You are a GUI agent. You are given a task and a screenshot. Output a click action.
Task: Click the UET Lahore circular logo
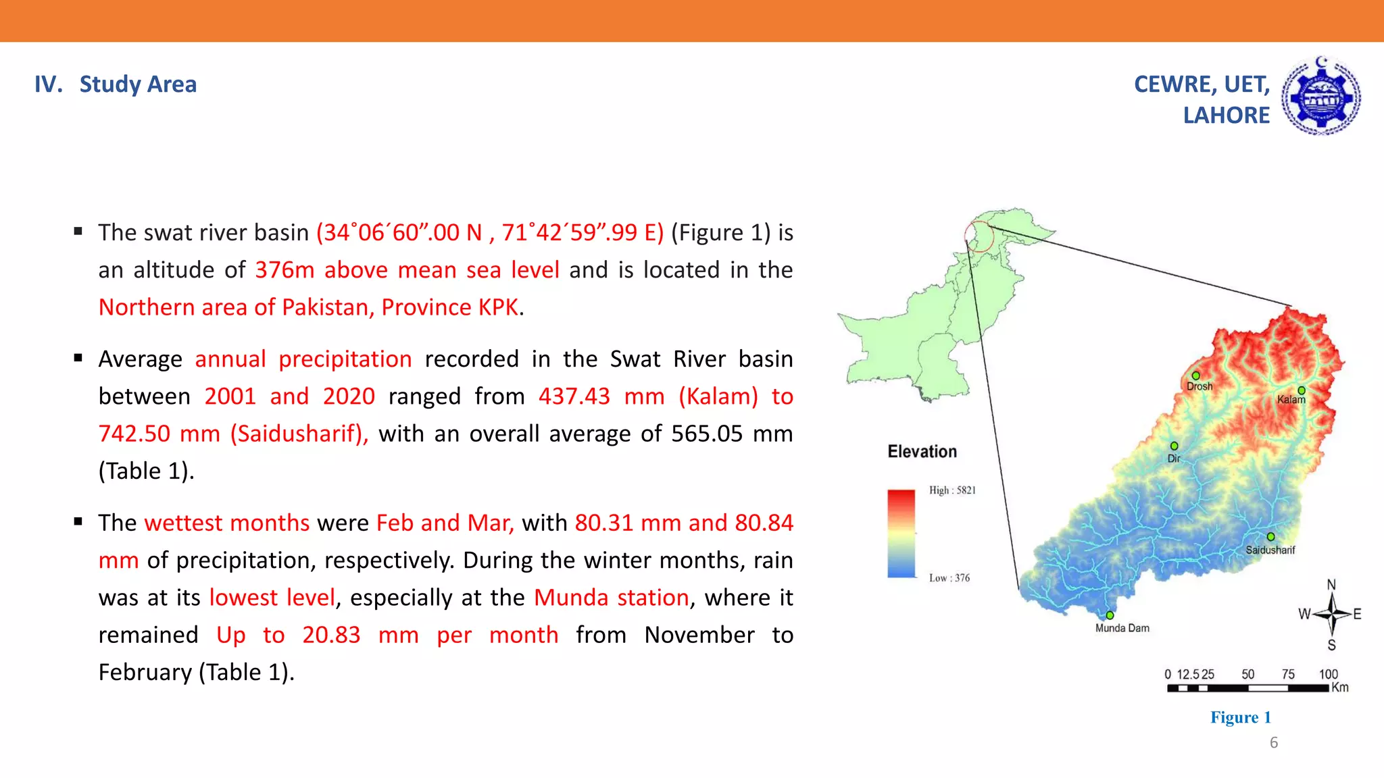(x=1321, y=97)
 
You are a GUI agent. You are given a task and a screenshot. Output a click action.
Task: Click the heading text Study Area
(x=138, y=84)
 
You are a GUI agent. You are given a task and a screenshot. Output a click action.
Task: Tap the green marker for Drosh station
(x=1195, y=375)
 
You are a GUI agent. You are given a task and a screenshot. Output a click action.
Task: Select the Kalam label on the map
(x=1291, y=400)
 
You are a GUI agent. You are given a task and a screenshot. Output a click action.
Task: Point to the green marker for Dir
(x=1174, y=446)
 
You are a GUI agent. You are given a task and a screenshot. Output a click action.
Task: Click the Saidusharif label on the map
(x=1270, y=550)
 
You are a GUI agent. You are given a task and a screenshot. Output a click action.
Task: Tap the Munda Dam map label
(x=1122, y=628)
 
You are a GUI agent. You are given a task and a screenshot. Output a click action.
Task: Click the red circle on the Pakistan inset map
(x=979, y=236)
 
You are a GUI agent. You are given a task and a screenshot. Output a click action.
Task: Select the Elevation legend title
(x=922, y=452)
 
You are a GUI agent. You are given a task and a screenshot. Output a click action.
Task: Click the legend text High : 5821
(x=952, y=490)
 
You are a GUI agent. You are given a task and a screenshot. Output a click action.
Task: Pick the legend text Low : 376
(x=949, y=578)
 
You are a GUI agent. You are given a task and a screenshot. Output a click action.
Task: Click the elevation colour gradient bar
(x=901, y=534)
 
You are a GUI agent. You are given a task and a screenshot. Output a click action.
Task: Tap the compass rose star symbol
(x=1331, y=614)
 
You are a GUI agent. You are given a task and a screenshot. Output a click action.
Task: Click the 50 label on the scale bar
(x=1247, y=674)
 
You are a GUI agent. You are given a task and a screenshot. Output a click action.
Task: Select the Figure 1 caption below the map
(x=1240, y=717)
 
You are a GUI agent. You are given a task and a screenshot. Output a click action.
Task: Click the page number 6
(x=1274, y=743)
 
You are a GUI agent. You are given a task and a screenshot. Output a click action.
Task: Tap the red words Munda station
(x=611, y=598)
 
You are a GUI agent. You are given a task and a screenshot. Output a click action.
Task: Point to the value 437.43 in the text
(x=574, y=396)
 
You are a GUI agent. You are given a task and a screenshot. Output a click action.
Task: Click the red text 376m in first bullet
(x=285, y=270)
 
